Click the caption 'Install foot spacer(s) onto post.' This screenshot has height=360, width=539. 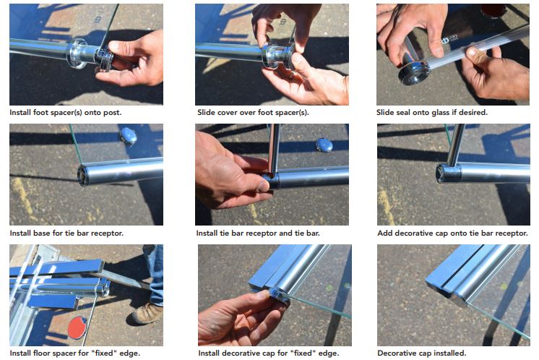[x=65, y=113]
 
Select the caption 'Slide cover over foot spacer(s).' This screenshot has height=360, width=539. [x=253, y=113]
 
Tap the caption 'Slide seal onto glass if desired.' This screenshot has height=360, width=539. [x=432, y=113]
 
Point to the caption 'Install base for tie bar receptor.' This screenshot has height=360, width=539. [x=66, y=233]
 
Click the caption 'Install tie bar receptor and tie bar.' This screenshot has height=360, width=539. [x=258, y=233]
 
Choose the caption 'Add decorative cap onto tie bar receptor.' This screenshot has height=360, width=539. [x=453, y=233]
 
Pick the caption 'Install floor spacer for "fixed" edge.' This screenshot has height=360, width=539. [x=75, y=353]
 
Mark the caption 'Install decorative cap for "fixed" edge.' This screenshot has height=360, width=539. [x=269, y=353]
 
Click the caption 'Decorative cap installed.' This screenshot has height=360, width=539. [x=422, y=353]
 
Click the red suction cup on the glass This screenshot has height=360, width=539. [x=77, y=327]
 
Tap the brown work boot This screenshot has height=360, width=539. [x=147, y=314]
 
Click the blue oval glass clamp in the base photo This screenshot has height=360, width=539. [x=128, y=135]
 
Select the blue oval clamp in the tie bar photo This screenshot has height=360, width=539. [x=324, y=145]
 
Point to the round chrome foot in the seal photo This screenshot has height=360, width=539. [x=414, y=72]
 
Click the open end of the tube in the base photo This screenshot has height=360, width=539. [x=83, y=175]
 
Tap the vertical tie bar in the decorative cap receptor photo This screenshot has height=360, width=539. [x=456, y=145]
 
